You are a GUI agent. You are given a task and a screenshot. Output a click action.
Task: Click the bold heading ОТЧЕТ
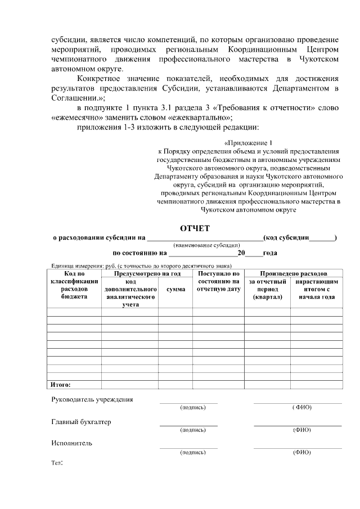[x=194, y=228]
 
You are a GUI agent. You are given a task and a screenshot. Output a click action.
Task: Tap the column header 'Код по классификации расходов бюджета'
[x=74, y=285]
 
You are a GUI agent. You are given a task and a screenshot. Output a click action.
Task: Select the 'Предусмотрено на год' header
[x=147, y=273]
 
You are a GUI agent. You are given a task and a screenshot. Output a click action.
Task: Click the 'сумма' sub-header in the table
[x=175, y=289]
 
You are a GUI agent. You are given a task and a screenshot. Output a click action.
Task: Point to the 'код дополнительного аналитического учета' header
[x=130, y=292]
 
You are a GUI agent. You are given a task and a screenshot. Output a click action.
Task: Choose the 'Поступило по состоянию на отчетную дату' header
[x=218, y=281]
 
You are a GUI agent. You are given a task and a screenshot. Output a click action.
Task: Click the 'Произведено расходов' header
[x=293, y=273]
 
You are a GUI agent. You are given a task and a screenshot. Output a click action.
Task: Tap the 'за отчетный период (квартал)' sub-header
[x=267, y=289]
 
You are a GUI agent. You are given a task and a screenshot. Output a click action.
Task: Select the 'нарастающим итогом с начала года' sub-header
[x=316, y=289]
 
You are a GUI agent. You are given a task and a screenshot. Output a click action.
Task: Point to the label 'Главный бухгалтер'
[x=82, y=422]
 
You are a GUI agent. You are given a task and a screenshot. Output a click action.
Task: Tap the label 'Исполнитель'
[x=71, y=443]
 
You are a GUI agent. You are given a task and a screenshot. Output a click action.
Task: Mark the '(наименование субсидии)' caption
[x=206, y=245]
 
